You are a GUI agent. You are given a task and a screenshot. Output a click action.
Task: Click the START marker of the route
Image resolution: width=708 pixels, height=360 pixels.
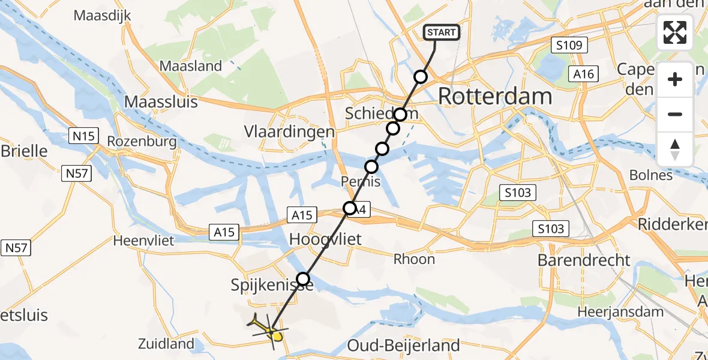coord(442,32)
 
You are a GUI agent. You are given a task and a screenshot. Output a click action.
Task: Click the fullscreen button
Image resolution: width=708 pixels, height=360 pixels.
coord(675,32)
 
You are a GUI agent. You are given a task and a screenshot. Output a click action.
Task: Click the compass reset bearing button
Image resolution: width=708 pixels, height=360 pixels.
coord(675,149)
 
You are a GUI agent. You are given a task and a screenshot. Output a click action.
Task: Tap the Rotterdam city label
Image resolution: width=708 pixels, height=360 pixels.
coord(495,96)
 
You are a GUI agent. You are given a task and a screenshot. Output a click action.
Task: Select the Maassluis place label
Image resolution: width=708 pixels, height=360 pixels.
coord(161,101)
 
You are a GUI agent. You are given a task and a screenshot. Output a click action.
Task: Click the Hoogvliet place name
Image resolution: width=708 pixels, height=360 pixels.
coord(325,239)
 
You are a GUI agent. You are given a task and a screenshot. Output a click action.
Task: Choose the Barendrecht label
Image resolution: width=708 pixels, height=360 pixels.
coord(584,260)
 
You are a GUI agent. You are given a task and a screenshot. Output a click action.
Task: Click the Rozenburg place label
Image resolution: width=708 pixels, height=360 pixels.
coord(142,142)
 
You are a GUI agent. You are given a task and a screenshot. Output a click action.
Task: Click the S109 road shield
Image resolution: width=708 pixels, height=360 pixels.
coord(569,45)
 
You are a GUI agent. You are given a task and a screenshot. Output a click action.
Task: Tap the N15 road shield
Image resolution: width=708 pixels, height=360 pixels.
coord(82,136)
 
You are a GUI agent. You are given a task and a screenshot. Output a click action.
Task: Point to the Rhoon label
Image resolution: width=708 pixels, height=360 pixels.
coord(414,259)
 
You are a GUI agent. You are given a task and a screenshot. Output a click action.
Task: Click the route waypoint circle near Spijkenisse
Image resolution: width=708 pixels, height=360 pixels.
coord(303,279)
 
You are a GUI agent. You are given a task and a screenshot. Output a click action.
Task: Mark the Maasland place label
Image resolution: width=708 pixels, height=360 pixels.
coord(191,66)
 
